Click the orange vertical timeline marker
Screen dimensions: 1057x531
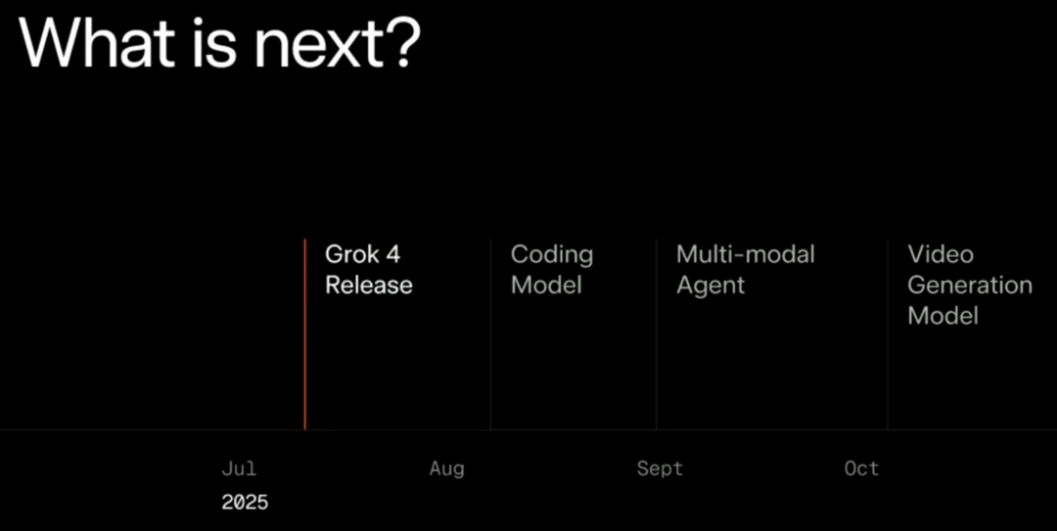(x=304, y=333)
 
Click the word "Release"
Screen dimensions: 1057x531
(x=369, y=285)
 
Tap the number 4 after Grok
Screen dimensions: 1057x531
(x=393, y=254)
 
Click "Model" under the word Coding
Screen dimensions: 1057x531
(x=546, y=285)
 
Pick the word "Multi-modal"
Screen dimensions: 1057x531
(x=746, y=254)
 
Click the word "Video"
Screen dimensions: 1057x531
(x=941, y=254)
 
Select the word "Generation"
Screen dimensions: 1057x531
(x=970, y=285)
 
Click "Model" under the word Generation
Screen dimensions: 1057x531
(x=943, y=316)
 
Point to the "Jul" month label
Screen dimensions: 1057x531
(x=239, y=468)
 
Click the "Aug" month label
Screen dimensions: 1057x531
(x=447, y=469)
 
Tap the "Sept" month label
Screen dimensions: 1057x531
(x=660, y=469)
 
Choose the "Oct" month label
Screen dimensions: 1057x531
(x=861, y=468)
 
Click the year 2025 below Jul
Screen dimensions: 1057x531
(x=245, y=502)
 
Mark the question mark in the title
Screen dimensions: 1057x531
(x=403, y=42)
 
